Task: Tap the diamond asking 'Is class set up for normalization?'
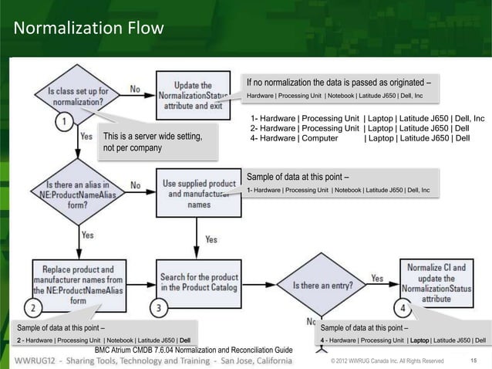point(77,96)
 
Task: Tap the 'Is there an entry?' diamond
point(324,285)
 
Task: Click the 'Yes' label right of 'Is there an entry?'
point(377,278)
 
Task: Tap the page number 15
point(473,361)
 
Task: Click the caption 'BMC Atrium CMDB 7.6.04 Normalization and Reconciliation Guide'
point(193,351)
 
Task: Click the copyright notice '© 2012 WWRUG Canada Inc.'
point(386,361)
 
